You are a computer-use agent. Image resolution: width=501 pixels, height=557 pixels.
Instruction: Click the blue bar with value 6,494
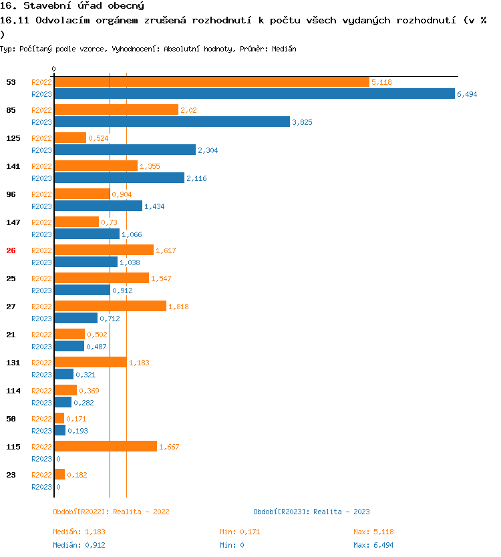click(254, 94)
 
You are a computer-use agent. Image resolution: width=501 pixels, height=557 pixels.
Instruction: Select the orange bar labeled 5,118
click(211, 82)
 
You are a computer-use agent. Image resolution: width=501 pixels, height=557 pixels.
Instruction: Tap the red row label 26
click(11, 250)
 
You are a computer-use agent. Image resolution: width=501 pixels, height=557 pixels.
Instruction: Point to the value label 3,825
click(302, 122)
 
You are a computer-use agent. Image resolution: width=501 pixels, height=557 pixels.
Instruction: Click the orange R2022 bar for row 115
click(106, 447)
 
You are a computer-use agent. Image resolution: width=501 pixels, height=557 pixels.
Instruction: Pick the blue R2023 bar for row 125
click(125, 150)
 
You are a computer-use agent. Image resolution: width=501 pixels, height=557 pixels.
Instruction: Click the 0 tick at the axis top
click(53, 69)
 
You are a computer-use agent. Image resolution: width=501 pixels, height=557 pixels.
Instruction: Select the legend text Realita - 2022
click(141, 512)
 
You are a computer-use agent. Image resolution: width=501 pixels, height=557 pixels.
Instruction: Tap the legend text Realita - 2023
click(341, 512)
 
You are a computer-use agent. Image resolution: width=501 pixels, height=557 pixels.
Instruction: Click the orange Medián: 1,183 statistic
click(79, 532)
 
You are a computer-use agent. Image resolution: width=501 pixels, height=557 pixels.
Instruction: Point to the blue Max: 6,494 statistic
click(373, 545)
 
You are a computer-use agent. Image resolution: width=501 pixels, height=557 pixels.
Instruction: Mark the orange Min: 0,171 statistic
click(240, 532)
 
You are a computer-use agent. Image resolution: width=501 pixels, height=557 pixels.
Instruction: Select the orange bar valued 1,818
click(110, 307)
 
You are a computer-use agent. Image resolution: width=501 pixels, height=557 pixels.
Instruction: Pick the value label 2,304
click(208, 150)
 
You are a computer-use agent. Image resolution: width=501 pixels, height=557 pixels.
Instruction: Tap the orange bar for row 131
click(90, 363)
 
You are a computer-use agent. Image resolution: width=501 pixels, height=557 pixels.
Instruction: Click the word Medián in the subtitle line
click(284, 49)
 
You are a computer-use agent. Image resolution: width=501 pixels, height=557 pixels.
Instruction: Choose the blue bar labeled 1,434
click(98, 206)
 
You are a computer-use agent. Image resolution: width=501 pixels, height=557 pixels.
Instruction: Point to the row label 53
click(11, 82)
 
